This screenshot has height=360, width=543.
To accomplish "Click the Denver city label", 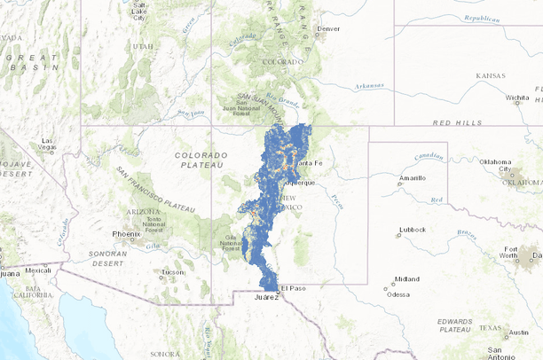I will point(328,28).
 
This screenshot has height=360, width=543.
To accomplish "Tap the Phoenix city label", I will point(126,234).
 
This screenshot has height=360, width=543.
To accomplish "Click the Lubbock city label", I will point(413,230).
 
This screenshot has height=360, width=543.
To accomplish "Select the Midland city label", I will point(407,278).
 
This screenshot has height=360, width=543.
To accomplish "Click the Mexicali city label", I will point(38,270).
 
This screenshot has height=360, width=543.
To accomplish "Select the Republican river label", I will point(480,18).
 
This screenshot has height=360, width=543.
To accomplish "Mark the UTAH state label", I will point(142,46).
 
